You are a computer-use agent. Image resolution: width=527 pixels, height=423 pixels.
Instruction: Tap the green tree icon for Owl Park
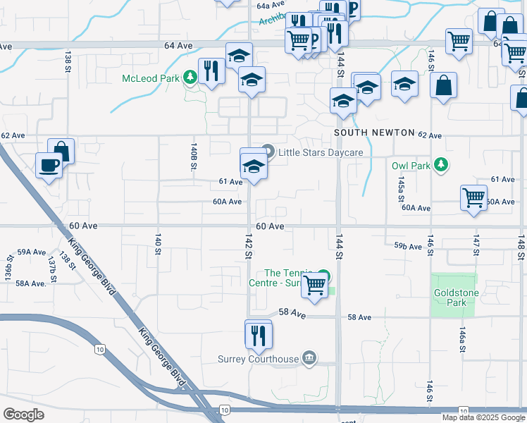pyautogui.click(x=441, y=165)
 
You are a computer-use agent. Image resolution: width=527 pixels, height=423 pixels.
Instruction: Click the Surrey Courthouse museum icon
pyautogui.click(x=309, y=359)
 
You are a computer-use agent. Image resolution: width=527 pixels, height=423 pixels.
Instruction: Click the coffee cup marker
pyautogui.click(x=49, y=165)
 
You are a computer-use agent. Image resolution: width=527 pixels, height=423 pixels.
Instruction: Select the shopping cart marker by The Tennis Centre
pyautogui.click(x=314, y=286)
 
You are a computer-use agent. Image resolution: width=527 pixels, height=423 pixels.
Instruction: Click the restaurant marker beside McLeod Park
pyautogui.click(x=211, y=70)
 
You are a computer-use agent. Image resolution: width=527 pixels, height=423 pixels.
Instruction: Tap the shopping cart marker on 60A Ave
pyautogui.click(x=473, y=197)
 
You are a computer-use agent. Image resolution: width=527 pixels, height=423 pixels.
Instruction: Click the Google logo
pyautogui.click(x=23, y=414)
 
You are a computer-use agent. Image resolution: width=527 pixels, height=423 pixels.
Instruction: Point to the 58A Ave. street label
pyautogui.click(x=31, y=283)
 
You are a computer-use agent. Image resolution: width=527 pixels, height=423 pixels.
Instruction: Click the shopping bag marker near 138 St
pyautogui.click(x=61, y=151)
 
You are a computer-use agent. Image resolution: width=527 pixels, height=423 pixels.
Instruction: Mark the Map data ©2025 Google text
pyautogui.click(x=483, y=417)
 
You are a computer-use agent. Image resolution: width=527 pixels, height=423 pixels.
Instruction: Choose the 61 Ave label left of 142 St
pyautogui.click(x=230, y=182)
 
